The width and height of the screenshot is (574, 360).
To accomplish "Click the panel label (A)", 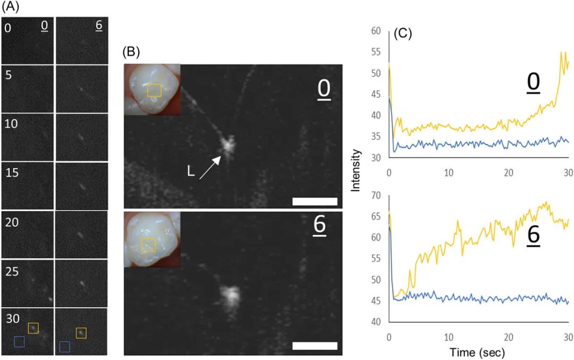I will tap(12, 7).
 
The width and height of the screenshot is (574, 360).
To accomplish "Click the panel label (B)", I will tap(132, 52).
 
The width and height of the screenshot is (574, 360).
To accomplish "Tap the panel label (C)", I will tap(403, 35).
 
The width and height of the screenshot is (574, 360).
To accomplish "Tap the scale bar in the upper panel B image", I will tap(315, 201).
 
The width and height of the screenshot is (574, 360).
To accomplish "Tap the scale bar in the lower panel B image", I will tap(315, 346).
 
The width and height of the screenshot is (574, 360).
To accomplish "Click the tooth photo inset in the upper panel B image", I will tap(152, 89).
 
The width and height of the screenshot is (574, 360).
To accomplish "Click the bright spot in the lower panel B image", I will tap(231, 295).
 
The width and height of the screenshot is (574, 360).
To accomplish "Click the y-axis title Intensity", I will tap(357, 170).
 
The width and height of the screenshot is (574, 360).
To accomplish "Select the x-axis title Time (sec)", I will tap(476, 351).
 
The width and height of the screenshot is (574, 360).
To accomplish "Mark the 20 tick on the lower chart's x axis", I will tap(509, 336).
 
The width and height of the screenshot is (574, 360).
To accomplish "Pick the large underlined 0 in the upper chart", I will tap(534, 83).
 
